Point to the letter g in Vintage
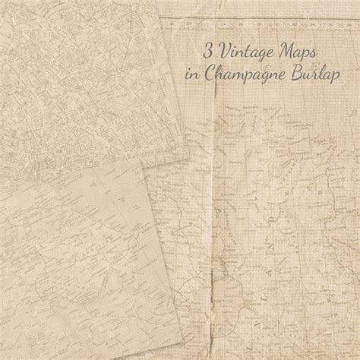pyautogui.click(x=259, y=58)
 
